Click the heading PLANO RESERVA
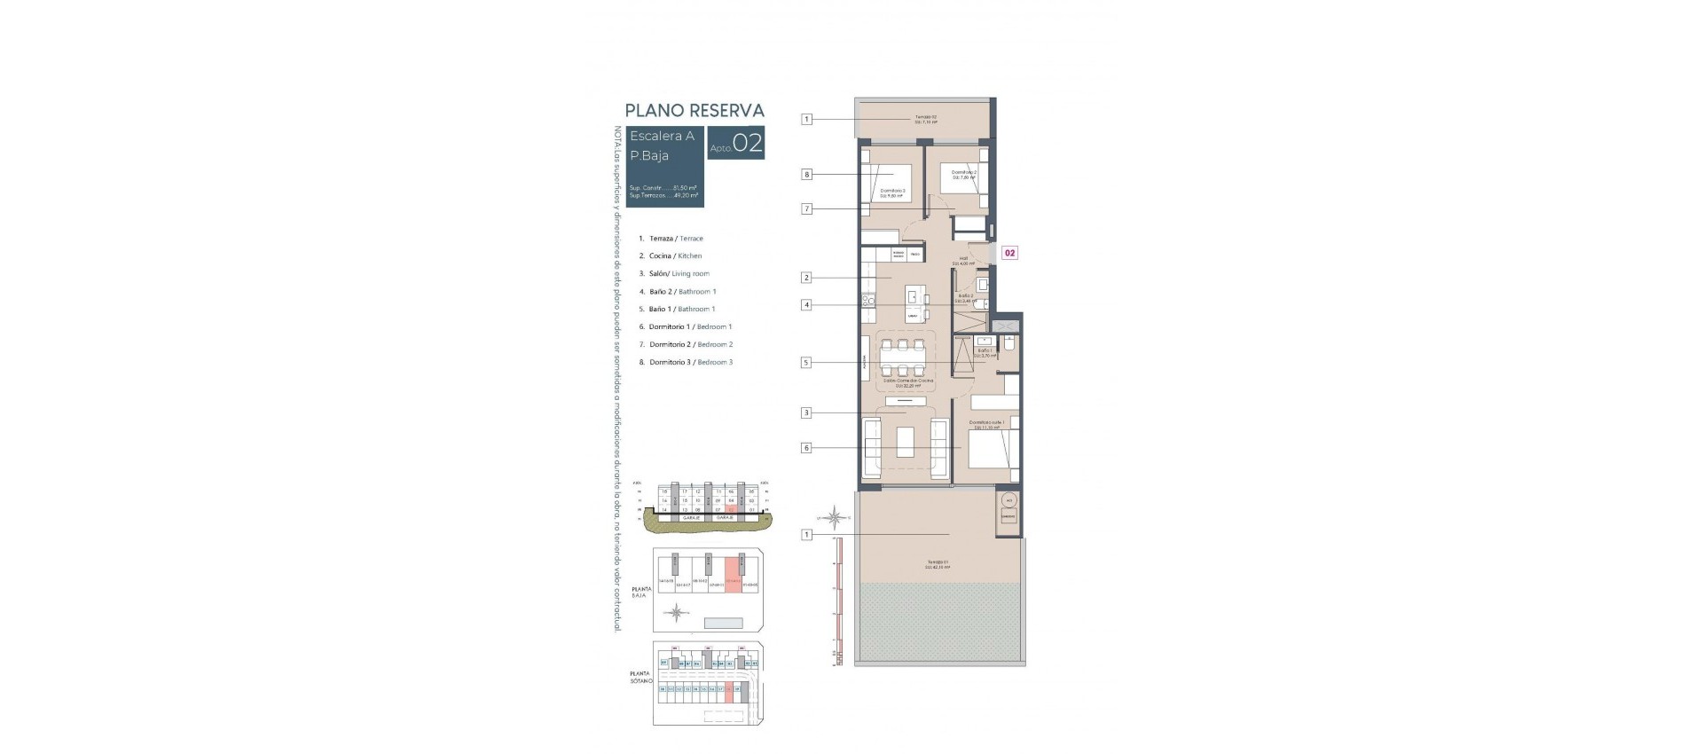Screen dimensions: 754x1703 pos(695,111)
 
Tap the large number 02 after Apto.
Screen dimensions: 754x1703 pos(748,144)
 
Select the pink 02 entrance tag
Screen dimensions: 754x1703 pos(1009,253)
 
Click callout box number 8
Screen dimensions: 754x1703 pos(806,175)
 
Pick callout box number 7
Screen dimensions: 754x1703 pos(806,209)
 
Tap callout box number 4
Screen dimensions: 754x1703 pos(806,305)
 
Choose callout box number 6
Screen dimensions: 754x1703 pos(806,448)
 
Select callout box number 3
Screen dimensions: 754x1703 pos(806,412)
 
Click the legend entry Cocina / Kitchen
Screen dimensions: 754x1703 pos(675,256)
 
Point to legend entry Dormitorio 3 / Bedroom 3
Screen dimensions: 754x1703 pos(690,362)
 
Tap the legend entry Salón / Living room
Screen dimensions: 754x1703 pos(679,274)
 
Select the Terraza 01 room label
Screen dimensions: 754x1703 pos(938,564)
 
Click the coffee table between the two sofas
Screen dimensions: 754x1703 pos(905,442)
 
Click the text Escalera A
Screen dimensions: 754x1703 pos(662,136)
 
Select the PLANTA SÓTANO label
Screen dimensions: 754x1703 pos(640,677)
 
